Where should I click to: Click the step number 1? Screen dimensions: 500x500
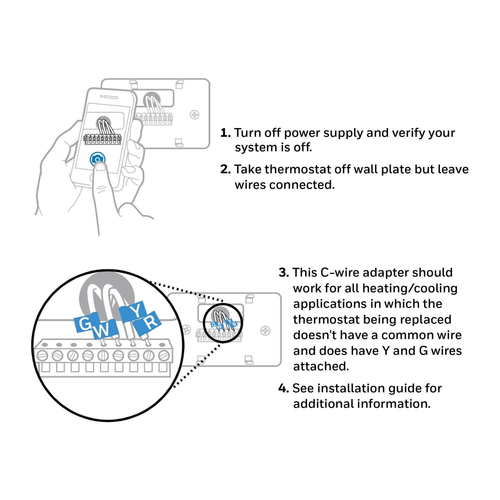point(225,133)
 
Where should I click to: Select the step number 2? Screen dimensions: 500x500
point(225,170)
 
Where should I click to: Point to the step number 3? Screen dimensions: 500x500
point(284,273)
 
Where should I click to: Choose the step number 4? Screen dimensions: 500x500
point(283,388)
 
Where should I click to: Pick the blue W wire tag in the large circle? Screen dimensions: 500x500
point(104,330)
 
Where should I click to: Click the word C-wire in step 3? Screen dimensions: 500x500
point(339,273)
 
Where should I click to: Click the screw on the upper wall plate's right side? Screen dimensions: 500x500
point(194,115)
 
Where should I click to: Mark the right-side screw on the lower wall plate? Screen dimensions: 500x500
point(265,331)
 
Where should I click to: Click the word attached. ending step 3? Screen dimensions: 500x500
point(321,366)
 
